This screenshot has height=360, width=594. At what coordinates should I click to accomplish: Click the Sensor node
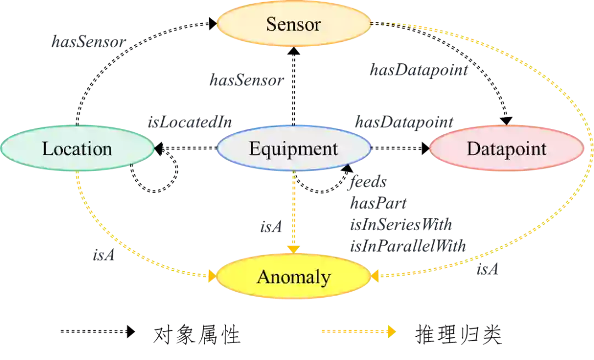pos(293,24)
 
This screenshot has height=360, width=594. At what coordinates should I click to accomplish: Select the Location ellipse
pos(77,149)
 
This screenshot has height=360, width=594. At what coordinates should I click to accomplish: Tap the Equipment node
pos(293,149)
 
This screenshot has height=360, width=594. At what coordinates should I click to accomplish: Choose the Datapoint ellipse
pos(506,149)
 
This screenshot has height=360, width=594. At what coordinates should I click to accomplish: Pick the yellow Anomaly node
pos(293,277)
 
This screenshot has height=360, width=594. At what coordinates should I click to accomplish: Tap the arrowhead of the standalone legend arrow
pos(392,331)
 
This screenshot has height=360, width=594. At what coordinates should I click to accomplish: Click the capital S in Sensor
pos(271,24)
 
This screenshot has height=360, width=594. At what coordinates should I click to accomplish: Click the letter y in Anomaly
pos(326,279)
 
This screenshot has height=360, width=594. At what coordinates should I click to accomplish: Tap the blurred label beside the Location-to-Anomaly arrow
pos(103,257)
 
